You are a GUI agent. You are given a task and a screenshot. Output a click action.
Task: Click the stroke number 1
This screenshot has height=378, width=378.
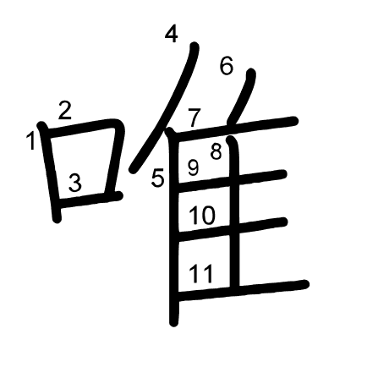(30, 140)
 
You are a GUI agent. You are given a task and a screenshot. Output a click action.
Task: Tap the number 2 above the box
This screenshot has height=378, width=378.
(65, 111)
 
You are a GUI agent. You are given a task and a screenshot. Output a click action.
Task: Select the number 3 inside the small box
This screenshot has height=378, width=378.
(75, 183)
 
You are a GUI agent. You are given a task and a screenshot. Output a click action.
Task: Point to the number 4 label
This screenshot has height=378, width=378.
(172, 34)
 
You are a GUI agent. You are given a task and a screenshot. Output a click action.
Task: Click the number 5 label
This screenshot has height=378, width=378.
(157, 178)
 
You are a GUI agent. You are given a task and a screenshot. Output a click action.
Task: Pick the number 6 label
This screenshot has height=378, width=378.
(227, 66)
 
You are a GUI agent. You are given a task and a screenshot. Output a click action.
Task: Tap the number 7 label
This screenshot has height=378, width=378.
(194, 118)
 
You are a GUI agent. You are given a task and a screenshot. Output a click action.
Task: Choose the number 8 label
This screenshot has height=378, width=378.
(216, 151)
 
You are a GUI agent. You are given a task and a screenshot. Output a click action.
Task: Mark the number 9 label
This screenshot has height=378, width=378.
(193, 167)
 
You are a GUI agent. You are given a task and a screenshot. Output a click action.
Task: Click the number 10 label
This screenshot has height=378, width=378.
(202, 215)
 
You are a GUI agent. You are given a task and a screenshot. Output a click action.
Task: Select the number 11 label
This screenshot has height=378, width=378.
(200, 273)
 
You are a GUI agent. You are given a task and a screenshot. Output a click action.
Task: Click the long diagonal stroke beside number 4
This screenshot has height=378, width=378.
(165, 107)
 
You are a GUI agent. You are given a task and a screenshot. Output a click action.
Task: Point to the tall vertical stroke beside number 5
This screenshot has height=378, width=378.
(173, 227)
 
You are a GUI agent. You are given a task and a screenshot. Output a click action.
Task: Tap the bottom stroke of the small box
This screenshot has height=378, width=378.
(90, 200)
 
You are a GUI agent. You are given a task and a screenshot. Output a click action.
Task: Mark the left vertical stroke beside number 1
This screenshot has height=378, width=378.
(50, 172)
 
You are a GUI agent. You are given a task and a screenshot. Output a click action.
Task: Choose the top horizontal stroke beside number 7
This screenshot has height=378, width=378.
(236, 129)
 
